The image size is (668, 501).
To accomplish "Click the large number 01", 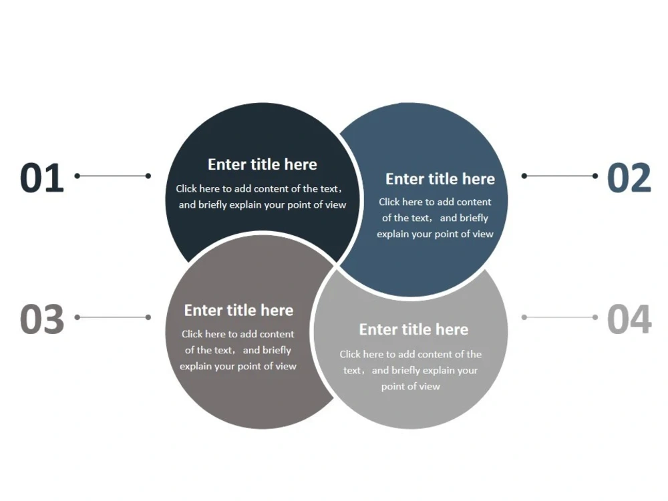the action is coord(41,178).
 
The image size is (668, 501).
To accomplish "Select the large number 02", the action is coord(629,178).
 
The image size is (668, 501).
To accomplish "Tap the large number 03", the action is coord(41,319).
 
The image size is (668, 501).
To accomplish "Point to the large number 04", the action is coord(629,319).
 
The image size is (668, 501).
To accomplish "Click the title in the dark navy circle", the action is coord(263,164).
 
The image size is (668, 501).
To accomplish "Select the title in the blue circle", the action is coord(440,179).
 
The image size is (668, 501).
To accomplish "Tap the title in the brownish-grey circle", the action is coord(238,310).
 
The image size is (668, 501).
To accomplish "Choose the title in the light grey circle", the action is coord(413,329).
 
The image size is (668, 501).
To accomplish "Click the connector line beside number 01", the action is coord(112,176).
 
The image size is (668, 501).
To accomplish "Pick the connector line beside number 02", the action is coord(560,176).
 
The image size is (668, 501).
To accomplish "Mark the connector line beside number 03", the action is coord(112,317).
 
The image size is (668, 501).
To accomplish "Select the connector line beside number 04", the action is coord(560,317).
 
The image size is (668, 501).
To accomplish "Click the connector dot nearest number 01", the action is coord(77,176).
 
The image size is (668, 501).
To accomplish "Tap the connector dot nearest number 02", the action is coord(595,176).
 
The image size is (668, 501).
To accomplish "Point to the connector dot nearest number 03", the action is coord(77,317).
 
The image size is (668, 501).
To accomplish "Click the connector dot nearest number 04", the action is coord(595,317).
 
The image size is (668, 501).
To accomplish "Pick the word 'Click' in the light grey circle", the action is coord(350,355).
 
